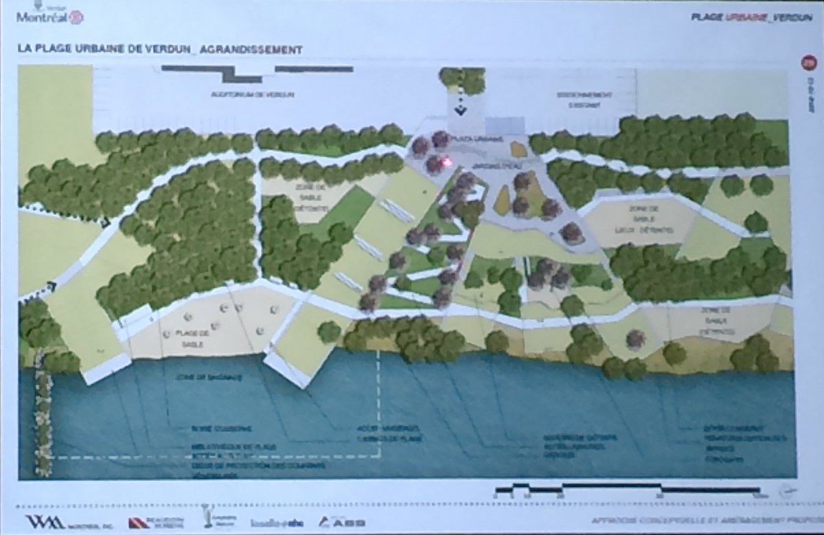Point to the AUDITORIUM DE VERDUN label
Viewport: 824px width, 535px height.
click(252, 94)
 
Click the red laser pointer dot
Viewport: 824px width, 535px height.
click(446, 162)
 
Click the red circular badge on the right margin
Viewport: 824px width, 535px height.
click(808, 63)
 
